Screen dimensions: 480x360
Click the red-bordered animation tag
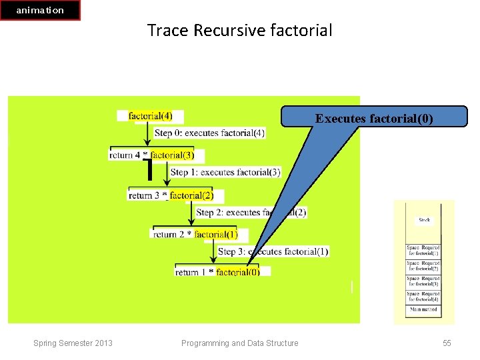[40, 10]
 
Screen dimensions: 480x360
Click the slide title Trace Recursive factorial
[239, 31]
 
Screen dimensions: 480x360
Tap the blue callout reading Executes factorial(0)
[374, 119]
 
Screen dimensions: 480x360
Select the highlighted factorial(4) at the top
[150, 116]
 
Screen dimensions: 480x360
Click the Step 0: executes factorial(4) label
[209, 133]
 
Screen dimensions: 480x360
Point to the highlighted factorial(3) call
[172, 155]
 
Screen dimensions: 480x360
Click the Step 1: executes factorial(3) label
[225, 172]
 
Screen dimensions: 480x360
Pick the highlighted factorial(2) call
[191, 195]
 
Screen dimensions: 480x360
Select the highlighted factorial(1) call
[215, 234]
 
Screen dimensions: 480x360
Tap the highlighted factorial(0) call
[238, 272]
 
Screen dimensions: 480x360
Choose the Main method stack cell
[424, 309]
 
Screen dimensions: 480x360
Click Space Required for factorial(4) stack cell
[424, 296]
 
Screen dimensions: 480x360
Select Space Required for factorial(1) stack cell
[424, 251]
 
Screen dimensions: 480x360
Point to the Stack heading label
[424, 220]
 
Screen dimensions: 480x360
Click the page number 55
[447, 343]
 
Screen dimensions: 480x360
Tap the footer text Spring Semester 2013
[73, 343]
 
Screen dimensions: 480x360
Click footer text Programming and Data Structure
[240, 343]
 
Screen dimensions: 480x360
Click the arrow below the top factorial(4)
[147, 133]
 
